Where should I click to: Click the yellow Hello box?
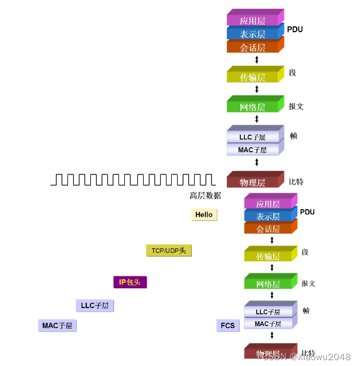coord(204,215)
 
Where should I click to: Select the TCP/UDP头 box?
coord(168,251)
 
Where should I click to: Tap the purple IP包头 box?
coord(130,282)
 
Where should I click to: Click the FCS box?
coord(227,326)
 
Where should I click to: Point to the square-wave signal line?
coord(133,179)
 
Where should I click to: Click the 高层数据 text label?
coord(205,196)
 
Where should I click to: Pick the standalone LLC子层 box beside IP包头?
coord(95,306)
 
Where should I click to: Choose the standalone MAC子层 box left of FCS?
coord(59,326)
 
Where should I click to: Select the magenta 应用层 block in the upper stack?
coord(253,20)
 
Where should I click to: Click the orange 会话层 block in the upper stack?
coord(253,47)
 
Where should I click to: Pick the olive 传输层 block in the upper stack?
coord(253,77)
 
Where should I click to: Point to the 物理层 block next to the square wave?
coord(253,182)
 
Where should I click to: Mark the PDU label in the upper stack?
coord(295,29)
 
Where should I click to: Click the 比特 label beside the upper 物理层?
coord(296,182)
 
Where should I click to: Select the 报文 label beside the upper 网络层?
coord(296,107)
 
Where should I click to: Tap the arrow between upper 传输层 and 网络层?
coord(257,90)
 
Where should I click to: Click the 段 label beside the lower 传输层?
coord(305,252)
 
